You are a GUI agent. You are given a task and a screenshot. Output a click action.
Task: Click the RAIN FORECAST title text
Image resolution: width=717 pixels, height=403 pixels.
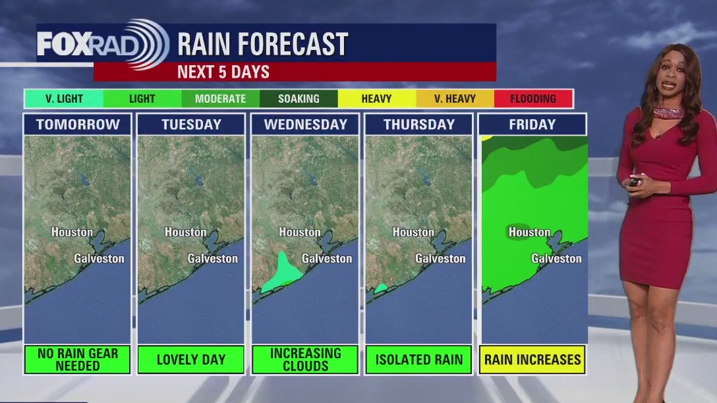262,44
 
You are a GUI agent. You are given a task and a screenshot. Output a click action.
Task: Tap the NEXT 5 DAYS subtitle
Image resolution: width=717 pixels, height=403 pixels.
223,72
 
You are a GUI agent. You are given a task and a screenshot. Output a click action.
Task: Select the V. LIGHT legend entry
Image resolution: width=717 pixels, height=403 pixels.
64,99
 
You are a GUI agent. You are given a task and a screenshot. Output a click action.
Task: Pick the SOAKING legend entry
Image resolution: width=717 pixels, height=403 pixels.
299,99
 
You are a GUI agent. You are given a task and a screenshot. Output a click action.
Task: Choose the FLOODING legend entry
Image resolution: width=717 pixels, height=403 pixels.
533,99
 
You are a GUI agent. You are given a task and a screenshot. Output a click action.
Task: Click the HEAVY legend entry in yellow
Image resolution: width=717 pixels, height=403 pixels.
377,99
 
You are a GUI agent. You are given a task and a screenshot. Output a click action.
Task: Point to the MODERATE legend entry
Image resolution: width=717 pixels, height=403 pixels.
220,99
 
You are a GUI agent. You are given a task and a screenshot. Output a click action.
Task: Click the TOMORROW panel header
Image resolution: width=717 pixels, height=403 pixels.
78,124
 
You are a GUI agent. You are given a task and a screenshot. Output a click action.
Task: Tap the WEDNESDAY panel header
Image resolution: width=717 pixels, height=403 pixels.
305,124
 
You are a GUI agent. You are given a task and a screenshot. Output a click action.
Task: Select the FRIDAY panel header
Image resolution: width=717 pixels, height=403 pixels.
532,124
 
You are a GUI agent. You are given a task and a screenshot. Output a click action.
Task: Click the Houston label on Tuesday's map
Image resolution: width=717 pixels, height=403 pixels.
185,232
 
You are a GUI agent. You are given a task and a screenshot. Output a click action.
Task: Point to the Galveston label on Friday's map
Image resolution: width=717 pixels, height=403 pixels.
556,258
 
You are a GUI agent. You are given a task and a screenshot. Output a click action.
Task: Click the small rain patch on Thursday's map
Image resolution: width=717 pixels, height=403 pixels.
380,288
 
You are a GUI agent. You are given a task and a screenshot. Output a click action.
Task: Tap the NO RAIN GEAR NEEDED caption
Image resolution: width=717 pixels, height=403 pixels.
78,360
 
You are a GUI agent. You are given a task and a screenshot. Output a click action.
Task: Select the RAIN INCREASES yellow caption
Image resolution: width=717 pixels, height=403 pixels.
532,360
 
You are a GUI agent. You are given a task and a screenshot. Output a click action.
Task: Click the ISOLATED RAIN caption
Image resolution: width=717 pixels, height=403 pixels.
419,360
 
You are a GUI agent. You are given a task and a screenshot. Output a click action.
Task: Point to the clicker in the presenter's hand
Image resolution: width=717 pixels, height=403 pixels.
635,182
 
